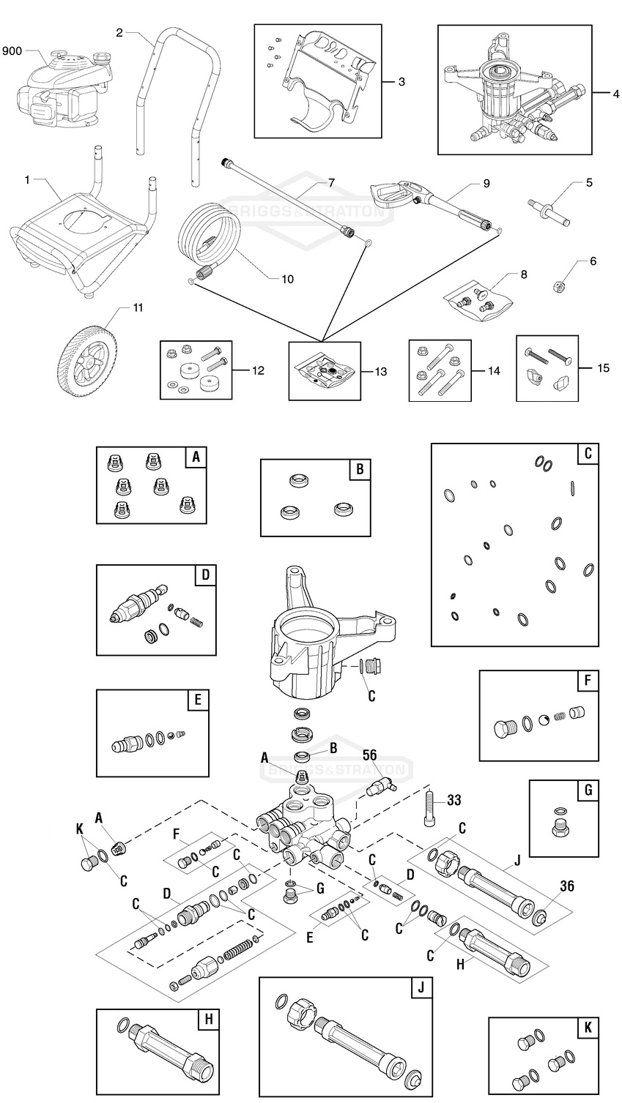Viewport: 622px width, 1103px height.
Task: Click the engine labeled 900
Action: tap(62, 85)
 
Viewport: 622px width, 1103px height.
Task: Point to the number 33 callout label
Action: tap(454, 800)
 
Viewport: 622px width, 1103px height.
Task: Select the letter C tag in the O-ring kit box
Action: tap(587, 454)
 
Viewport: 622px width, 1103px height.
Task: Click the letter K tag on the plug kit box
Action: tap(587, 1028)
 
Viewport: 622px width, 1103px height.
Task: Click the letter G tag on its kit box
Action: tap(587, 791)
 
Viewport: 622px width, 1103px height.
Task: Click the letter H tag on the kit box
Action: tap(208, 1020)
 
